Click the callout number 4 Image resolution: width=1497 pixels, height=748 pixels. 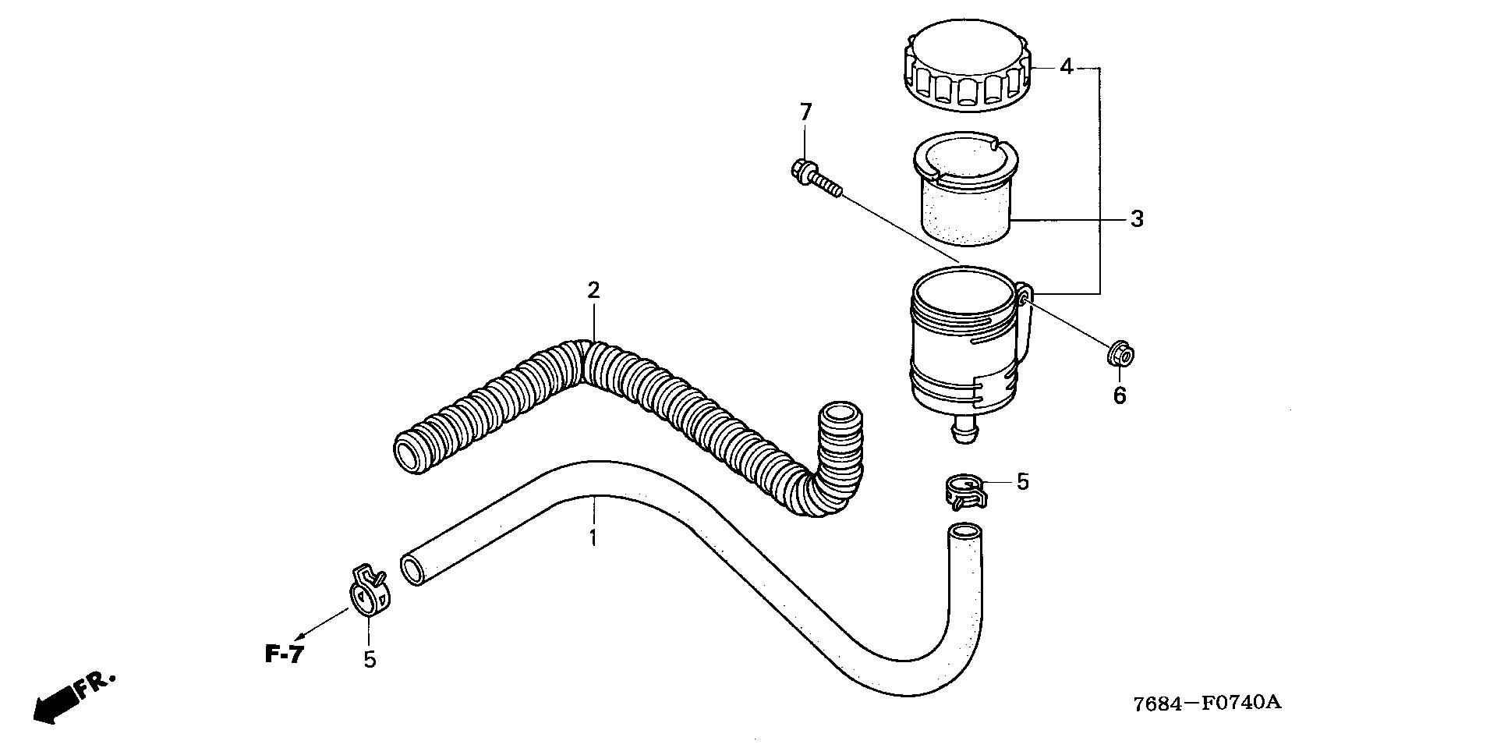[1066, 68]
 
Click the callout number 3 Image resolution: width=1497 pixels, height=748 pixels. [1137, 219]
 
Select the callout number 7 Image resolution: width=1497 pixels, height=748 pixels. [805, 112]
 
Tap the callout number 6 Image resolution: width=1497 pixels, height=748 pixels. [1120, 395]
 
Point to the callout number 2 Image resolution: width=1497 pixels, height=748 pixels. [593, 291]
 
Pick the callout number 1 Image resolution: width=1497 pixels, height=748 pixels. [593, 537]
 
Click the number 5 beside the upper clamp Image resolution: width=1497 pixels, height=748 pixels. [1022, 482]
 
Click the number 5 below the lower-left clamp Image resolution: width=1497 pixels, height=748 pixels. [370, 660]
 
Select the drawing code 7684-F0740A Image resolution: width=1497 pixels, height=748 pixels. [1208, 703]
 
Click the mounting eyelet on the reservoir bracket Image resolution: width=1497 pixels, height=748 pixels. [1025, 297]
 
